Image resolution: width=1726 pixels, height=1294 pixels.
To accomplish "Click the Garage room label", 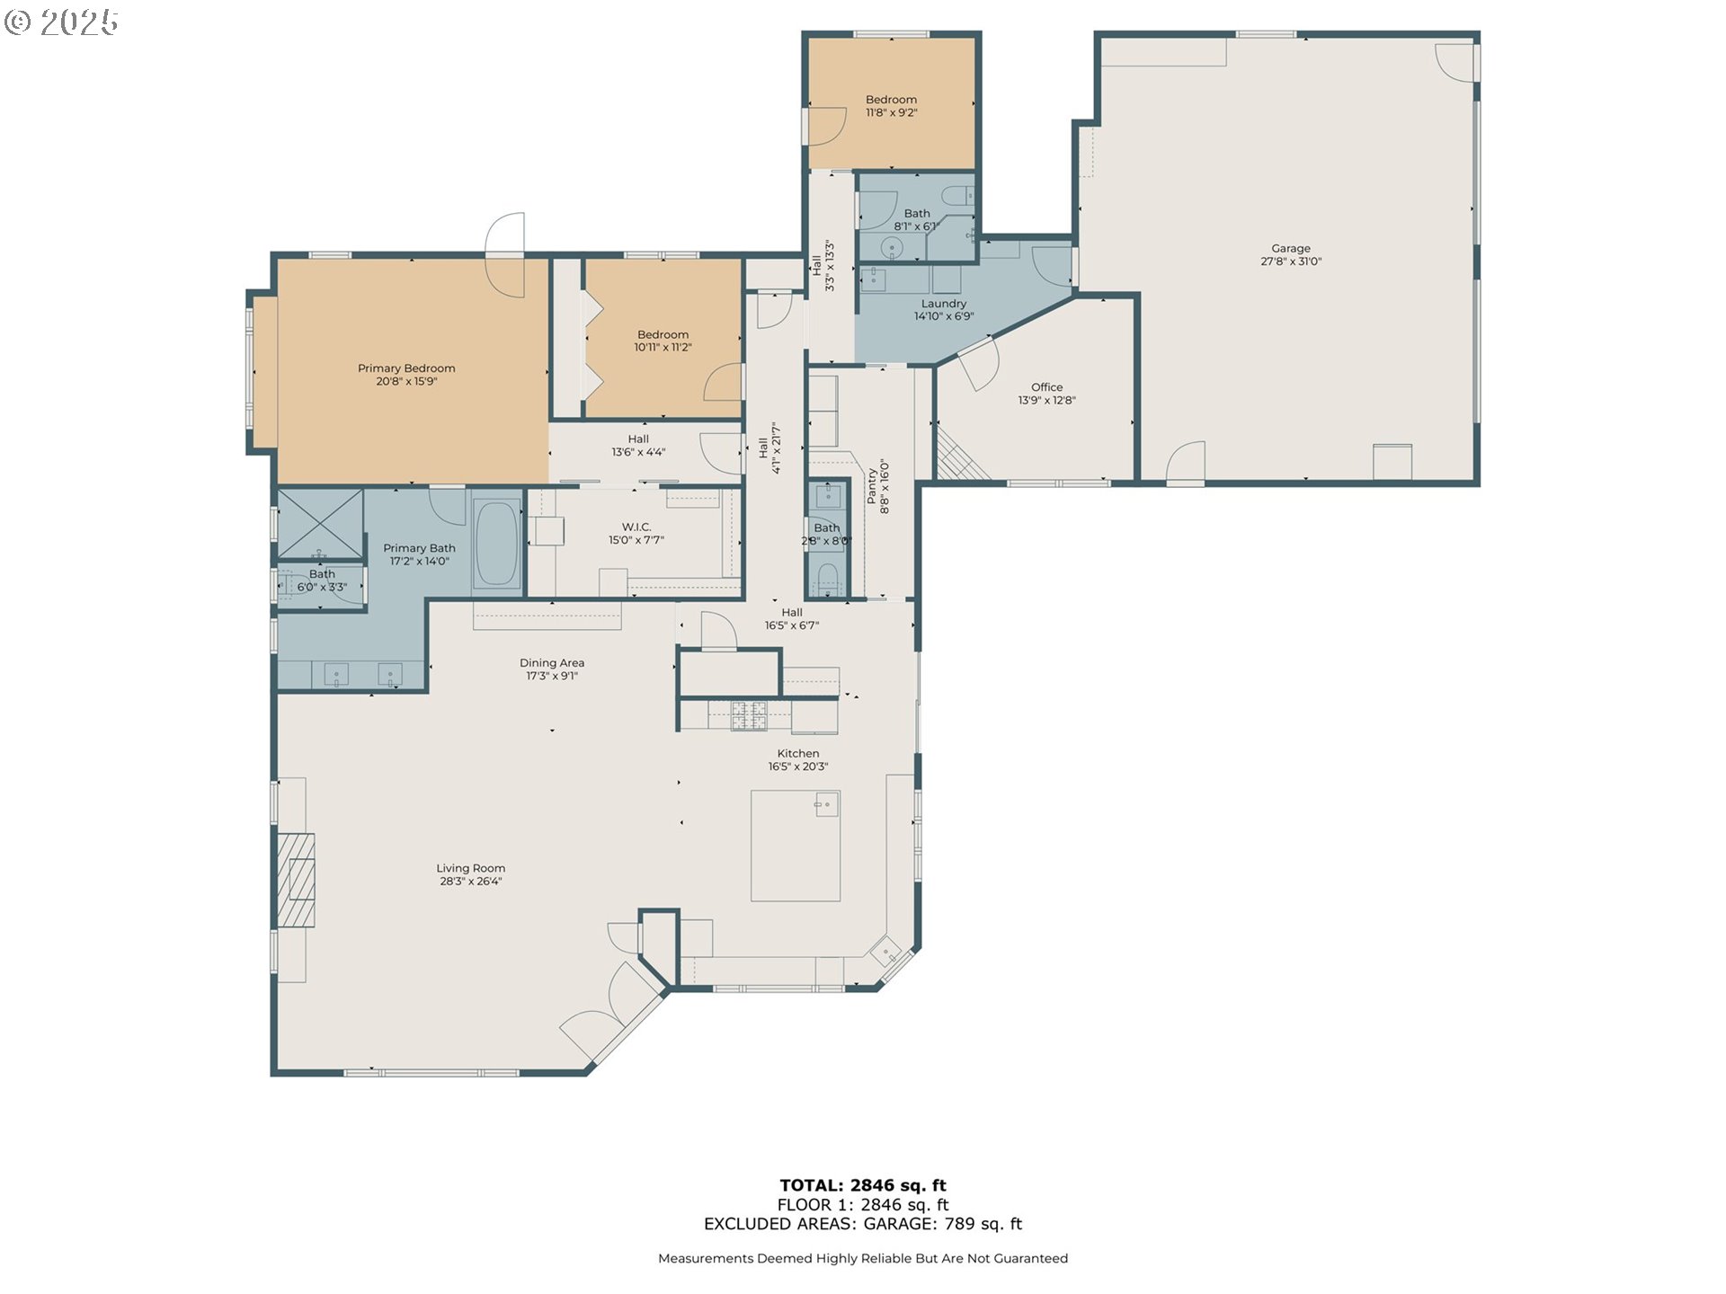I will click(x=1290, y=248).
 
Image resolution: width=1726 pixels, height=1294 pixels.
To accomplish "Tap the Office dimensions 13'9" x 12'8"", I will click(x=1046, y=401).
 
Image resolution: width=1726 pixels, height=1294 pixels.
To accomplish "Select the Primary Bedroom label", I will click(x=406, y=368).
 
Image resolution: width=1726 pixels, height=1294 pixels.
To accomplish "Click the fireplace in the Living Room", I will click(x=296, y=880).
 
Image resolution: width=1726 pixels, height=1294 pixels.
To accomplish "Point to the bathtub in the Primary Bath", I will click(x=496, y=544).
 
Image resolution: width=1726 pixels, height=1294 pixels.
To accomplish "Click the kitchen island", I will click(x=795, y=846).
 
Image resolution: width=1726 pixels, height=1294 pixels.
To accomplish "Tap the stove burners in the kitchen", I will click(x=748, y=715).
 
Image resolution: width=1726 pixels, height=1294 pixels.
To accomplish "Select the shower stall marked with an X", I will click(x=320, y=523).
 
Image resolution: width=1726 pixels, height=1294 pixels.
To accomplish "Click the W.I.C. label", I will click(x=636, y=527).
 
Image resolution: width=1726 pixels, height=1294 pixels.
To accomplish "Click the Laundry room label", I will click(x=943, y=304).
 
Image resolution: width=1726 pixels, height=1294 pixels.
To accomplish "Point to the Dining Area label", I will click(x=551, y=663).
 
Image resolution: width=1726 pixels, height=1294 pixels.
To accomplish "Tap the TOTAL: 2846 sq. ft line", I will click(x=862, y=1185).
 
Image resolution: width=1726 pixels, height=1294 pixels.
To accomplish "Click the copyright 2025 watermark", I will click(x=61, y=22).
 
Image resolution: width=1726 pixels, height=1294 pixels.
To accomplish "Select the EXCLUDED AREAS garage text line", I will click(x=862, y=1224).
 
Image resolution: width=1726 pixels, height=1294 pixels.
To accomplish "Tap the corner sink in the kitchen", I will click(x=885, y=951).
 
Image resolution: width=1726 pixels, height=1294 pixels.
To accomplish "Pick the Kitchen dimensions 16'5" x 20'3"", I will click(x=797, y=767).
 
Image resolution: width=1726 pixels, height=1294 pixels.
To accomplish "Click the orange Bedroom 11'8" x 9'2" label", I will click(x=891, y=100).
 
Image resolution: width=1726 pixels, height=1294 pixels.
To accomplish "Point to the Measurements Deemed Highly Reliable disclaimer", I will click(x=862, y=1259).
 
